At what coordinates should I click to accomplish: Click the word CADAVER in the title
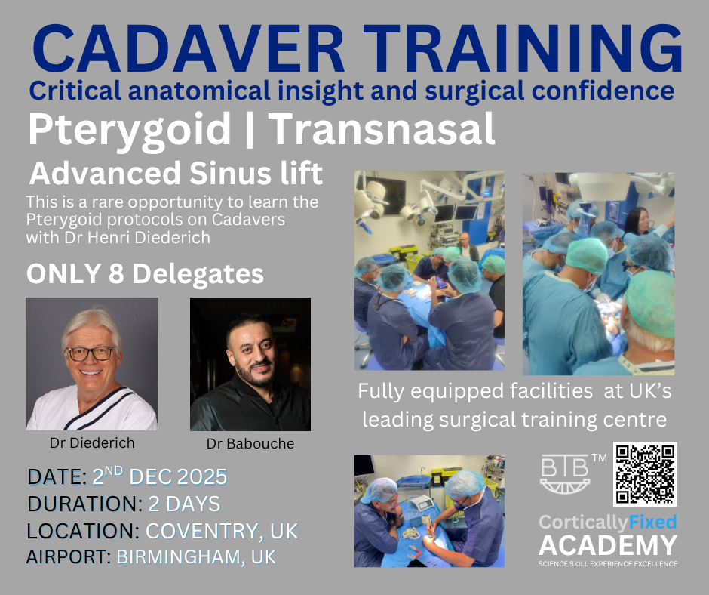pyautogui.click(x=189, y=49)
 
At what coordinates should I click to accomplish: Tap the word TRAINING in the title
pyautogui.click(x=523, y=49)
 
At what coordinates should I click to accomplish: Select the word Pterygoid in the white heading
pyautogui.click(x=130, y=130)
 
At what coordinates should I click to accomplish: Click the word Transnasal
pyautogui.click(x=382, y=128)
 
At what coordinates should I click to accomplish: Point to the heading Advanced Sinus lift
pyautogui.click(x=176, y=173)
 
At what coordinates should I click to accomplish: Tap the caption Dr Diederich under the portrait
pyautogui.click(x=92, y=442)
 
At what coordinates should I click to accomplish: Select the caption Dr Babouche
pyautogui.click(x=250, y=443)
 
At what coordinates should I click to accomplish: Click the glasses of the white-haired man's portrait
pyautogui.click(x=91, y=353)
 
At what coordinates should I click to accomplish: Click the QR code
pyautogui.click(x=645, y=474)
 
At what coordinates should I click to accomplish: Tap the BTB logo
pyautogui.click(x=565, y=473)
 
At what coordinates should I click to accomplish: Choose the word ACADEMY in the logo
pyautogui.click(x=608, y=545)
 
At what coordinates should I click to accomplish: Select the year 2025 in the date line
pyautogui.click(x=201, y=477)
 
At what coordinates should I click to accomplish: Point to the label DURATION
pyautogui.click(x=85, y=504)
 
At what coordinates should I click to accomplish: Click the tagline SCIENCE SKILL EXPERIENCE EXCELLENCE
pyautogui.click(x=608, y=564)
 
